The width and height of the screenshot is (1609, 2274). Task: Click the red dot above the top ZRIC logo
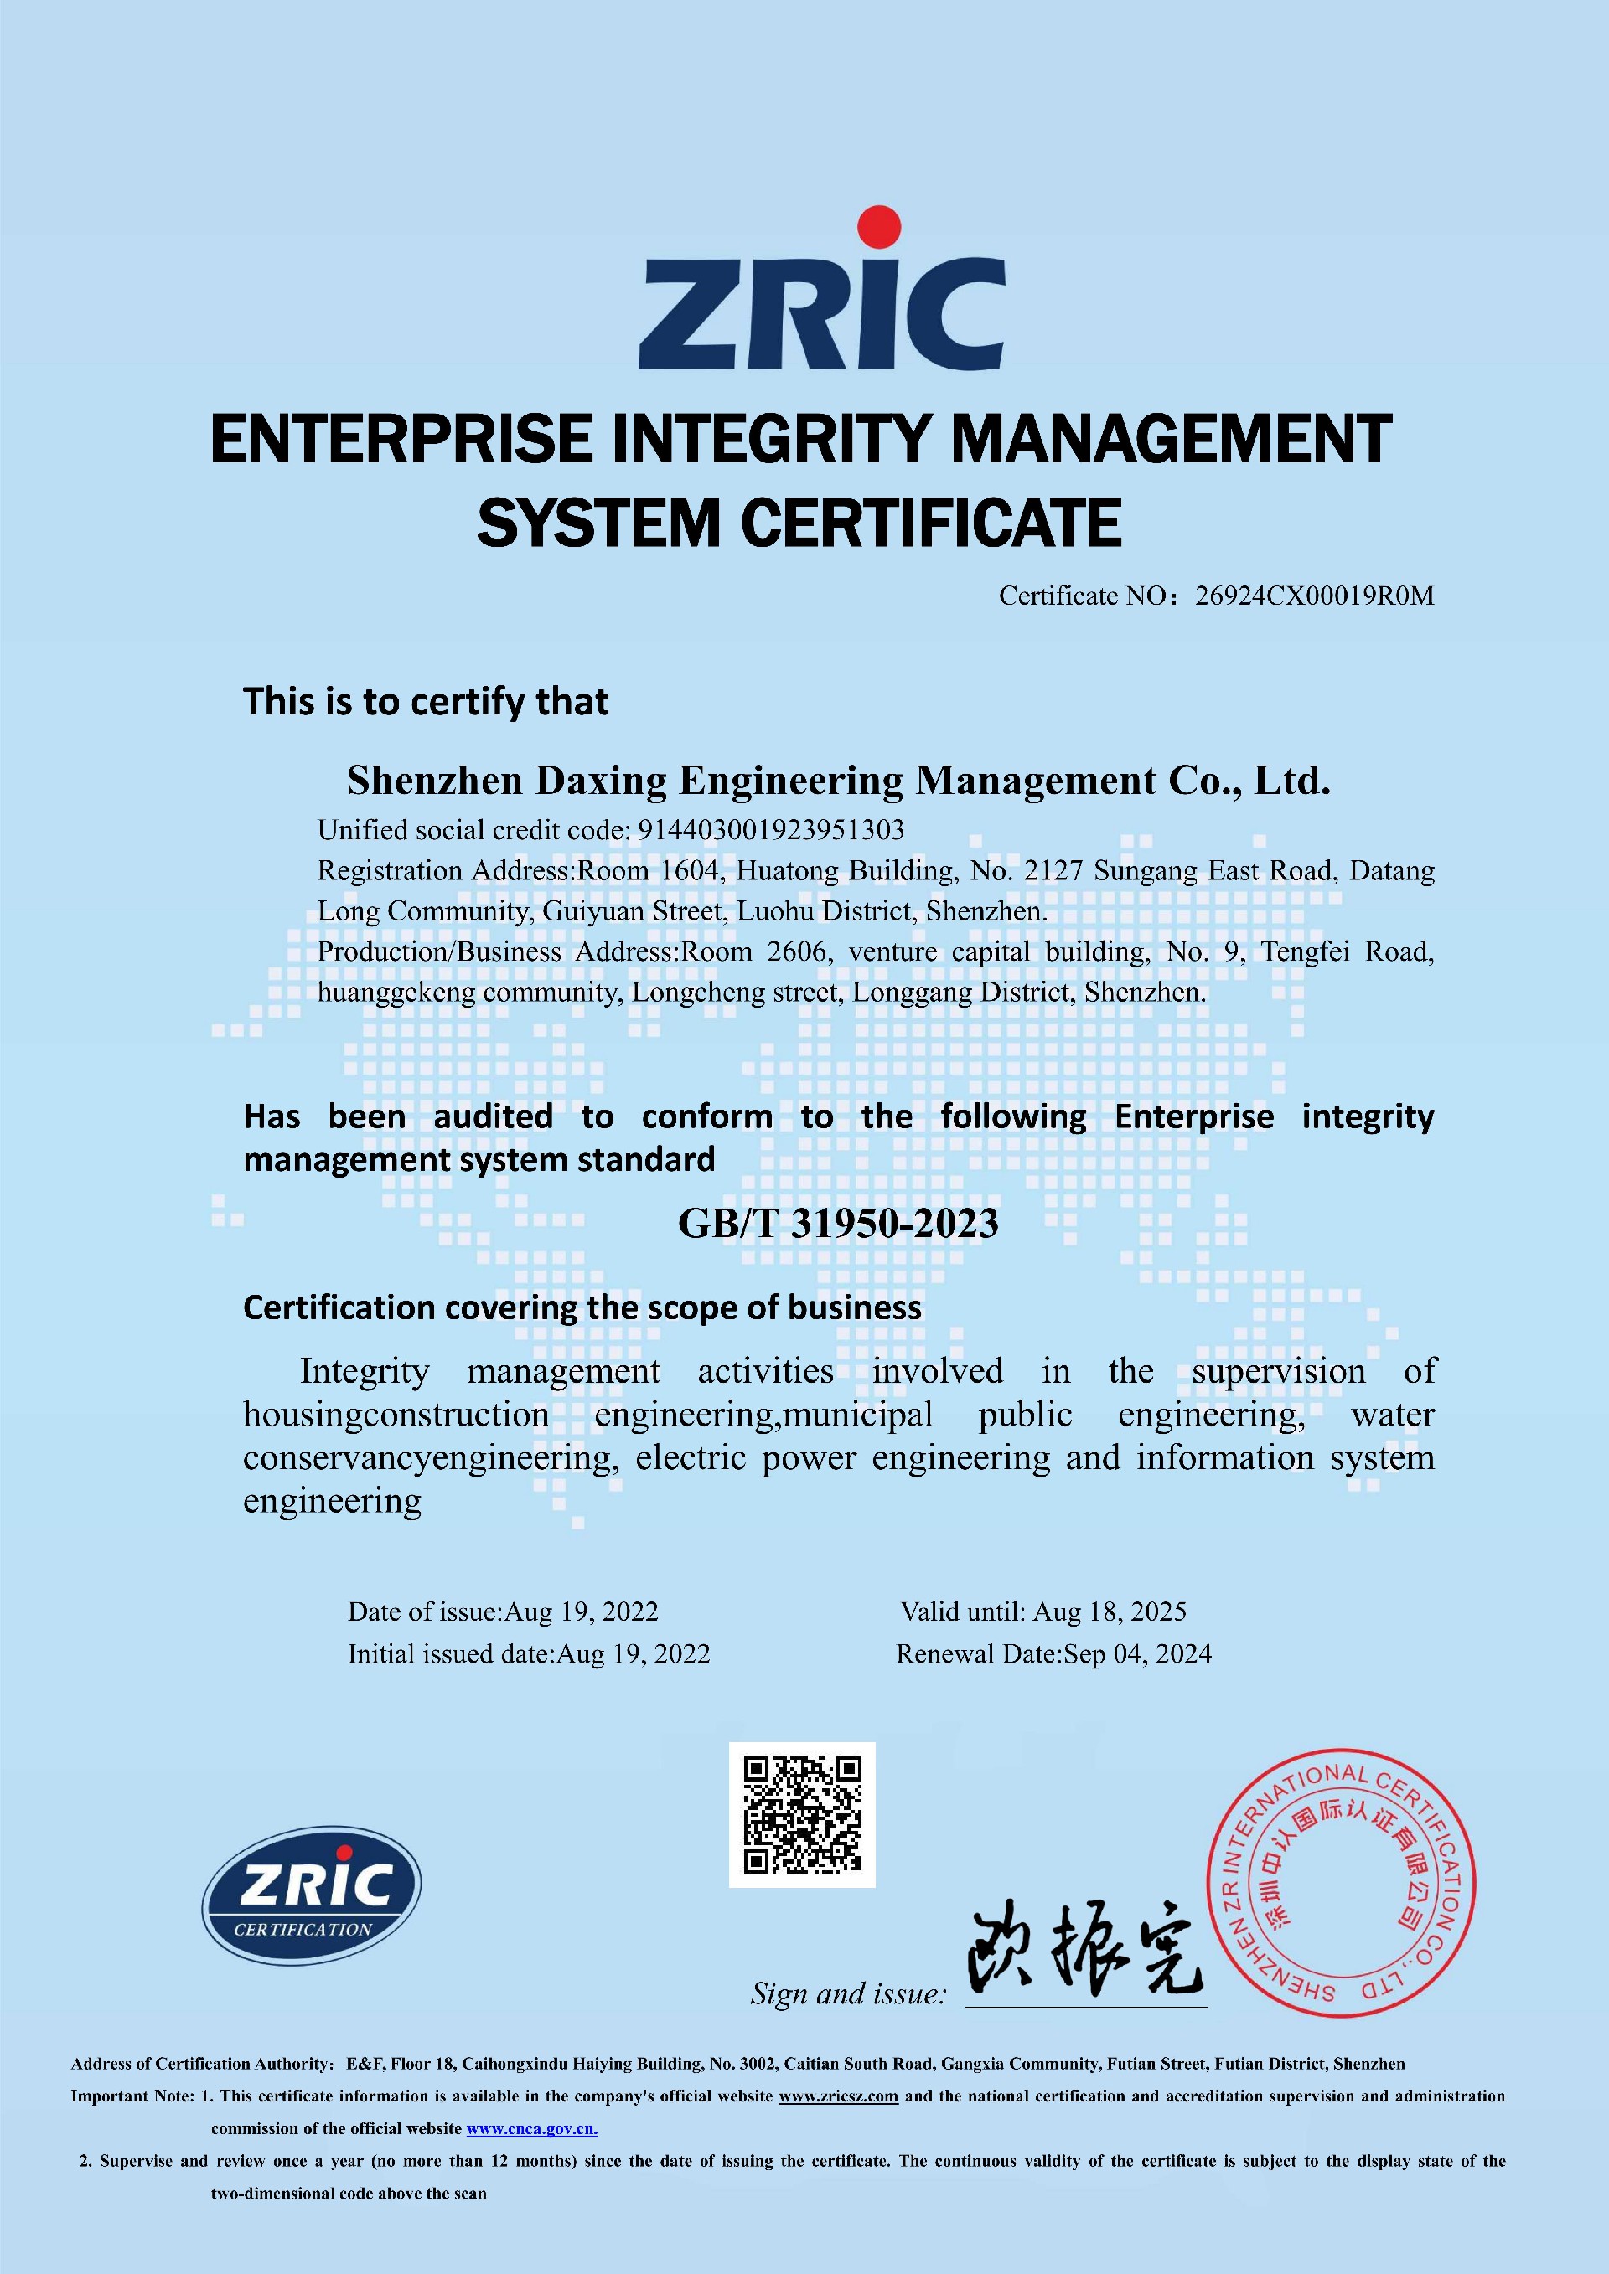point(880,226)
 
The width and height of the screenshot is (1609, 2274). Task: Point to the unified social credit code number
point(771,829)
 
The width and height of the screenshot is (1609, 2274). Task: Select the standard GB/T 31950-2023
point(837,1223)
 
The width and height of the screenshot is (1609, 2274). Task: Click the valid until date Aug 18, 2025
point(1110,1611)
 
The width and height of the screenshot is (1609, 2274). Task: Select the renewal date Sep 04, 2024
point(1136,1653)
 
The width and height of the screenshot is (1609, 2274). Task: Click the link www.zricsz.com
point(838,2096)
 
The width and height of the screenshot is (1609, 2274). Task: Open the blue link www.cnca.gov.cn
point(532,2128)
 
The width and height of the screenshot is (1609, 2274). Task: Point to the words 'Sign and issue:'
point(848,1993)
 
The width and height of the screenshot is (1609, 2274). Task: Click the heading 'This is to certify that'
point(426,701)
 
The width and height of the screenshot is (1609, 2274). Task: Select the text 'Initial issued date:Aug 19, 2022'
point(529,1653)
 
